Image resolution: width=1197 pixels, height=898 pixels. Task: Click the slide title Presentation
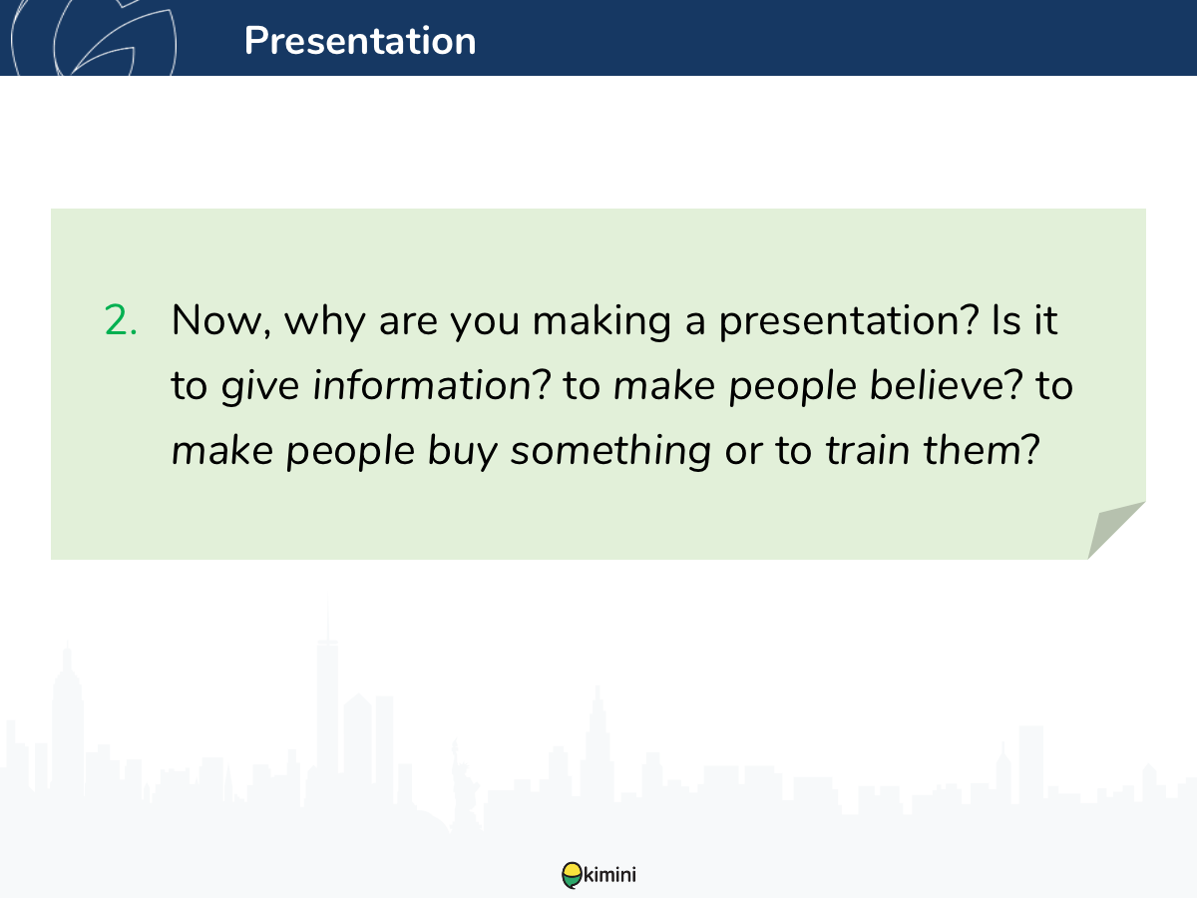pyautogui.click(x=360, y=40)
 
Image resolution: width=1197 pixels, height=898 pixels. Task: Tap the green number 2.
pyautogui.click(x=121, y=320)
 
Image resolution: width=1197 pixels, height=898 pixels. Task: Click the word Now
pyautogui.click(x=220, y=320)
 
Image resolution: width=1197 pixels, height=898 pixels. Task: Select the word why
pyautogui.click(x=324, y=321)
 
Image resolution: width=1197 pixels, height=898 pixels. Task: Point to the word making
pyautogui.click(x=600, y=321)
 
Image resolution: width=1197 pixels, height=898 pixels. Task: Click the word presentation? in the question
pyautogui.click(x=849, y=321)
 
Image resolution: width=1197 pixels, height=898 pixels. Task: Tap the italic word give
pyautogui.click(x=260, y=386)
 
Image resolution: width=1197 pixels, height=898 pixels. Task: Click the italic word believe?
pyautogui.click(x=946, y=385)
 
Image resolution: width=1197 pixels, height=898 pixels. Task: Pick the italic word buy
pyautogui.click(x=463, y=452)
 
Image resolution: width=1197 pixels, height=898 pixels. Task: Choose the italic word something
pyautogui.click(x=610, y=452)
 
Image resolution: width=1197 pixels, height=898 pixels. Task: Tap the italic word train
pyautogui.click(x=867, y=451)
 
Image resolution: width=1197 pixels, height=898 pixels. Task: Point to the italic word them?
pyautogui.click(x=982, y=450)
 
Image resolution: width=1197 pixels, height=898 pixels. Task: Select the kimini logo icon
pyautogui.click(x=572, y=875)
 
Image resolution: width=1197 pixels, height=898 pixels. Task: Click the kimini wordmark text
pyautogui.click(x=609, y=874)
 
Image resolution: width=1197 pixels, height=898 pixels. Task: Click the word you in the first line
pyautogui.click(x=484, y=322)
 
